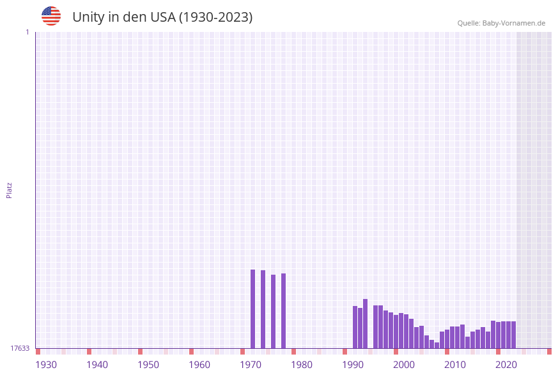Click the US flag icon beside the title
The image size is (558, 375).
coord(51,16)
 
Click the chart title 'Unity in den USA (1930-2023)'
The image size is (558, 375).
coord(162,17)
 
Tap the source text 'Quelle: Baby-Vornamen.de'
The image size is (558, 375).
coord(501,23)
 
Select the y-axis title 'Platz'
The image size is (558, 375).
coord(10,190)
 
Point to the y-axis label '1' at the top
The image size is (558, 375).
coord(27,32)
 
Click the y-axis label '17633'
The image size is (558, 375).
coord(20,348)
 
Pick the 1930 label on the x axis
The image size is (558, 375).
coord(46,365)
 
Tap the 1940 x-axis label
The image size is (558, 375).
coord(97,365)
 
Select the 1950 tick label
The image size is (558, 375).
coord(148,365)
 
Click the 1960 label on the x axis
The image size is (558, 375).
coord(199,365)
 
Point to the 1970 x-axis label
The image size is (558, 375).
coord(251,365)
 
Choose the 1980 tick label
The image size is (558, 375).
coord(302,365)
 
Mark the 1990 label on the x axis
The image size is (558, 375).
coord(353,365)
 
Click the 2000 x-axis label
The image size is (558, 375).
coord(404,365)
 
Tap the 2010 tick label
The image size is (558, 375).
coord(455,365)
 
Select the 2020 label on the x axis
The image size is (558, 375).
coord(506,365)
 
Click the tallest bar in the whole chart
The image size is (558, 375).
coord(253,309)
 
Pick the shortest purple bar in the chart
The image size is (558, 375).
coord(437,345)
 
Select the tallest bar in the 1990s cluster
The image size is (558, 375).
coord(366,323)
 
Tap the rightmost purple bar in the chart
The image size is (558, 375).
coord(513,335)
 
